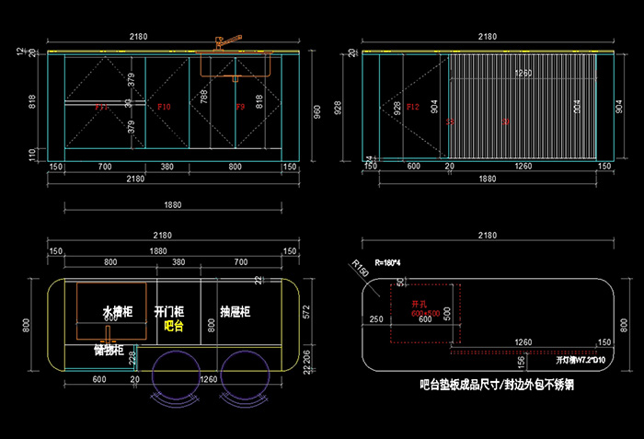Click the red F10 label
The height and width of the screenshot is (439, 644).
165,108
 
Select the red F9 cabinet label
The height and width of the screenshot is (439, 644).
240,108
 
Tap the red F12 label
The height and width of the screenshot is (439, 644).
387,108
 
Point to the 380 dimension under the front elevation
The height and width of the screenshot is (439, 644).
167,167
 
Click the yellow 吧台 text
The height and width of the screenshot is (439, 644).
173,326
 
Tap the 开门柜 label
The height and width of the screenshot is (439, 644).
169,312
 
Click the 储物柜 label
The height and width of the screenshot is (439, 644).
109,351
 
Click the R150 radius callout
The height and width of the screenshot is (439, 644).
361,270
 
